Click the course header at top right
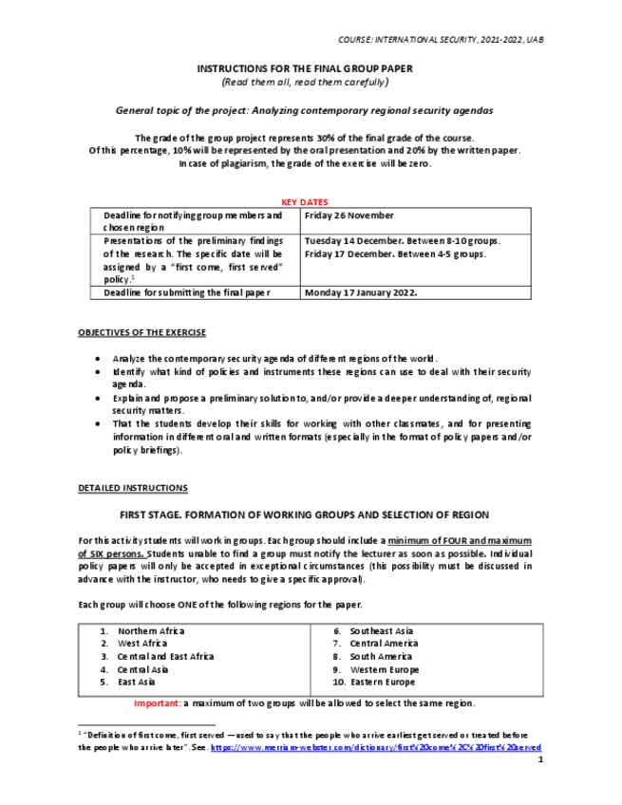[441, 39]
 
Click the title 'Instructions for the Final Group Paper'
[304, 69]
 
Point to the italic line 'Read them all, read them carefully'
[304, 83]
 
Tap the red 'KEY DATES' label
[305, 202]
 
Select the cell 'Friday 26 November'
[348, 215]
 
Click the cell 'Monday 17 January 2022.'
[362, 293]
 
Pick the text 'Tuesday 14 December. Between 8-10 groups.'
[403, 241]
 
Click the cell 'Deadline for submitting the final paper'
[187, 293]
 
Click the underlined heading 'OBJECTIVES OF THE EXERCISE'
[141, 332]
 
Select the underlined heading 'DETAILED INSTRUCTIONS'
[132, 488]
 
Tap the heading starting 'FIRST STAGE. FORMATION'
[304, 515]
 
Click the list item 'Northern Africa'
[150, 631]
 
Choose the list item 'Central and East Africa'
[165, 657]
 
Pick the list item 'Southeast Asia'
[381, 631]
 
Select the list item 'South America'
[381, 657]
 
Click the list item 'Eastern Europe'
[382, 683]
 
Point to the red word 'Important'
[156, 703]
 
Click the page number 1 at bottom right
[539, 760]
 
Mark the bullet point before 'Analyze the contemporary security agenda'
[100, 359]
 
